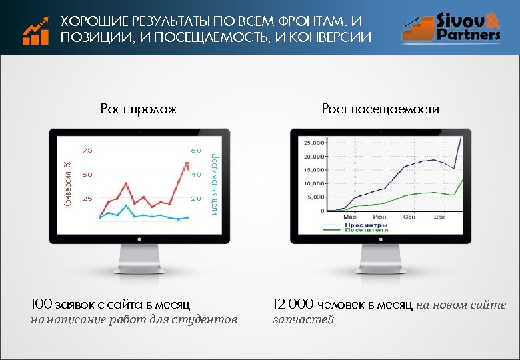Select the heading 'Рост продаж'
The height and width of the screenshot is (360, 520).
click(x=139, y=109)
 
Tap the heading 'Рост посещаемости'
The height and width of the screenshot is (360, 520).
click(x=380, y=109)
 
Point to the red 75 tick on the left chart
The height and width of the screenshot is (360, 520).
click(x=87, y=151)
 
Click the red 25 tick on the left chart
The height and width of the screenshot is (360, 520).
click(x=87, y=199)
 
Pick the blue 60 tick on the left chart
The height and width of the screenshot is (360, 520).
click(x=196, y=151)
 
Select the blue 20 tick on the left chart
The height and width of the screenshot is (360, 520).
click(x=196, y=199)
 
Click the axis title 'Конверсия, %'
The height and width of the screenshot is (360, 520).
click(x=67, y=183)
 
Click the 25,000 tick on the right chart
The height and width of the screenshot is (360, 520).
click(x=315, y=143)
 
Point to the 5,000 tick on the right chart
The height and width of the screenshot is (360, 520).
click(x=316, y=197)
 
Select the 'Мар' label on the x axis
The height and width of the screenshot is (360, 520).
click(x=349, y=217)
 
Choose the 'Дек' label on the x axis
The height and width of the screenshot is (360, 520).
click(x=439, y=217)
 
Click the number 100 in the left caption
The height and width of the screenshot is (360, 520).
click(x=41, y=305)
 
